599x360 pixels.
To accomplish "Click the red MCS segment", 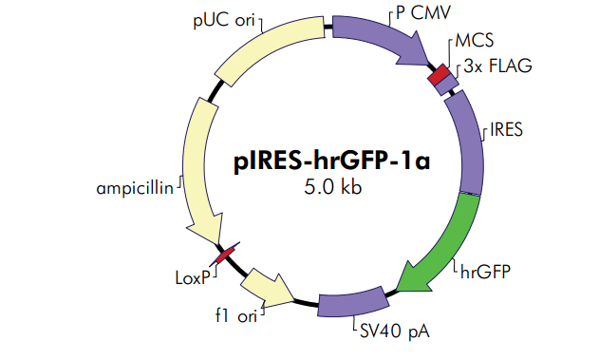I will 439,75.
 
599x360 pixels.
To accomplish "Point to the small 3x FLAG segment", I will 450,85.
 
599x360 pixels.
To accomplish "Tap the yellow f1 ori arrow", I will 269,285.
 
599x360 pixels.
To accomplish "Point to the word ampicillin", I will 134,188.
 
